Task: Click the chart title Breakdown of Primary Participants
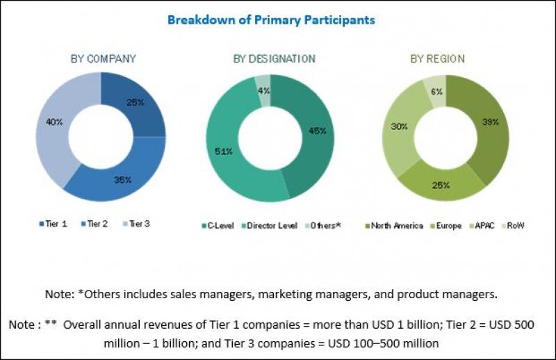271,20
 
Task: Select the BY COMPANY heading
103,58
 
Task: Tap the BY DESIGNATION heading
274,58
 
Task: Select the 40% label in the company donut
54,122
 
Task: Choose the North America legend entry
395,225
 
